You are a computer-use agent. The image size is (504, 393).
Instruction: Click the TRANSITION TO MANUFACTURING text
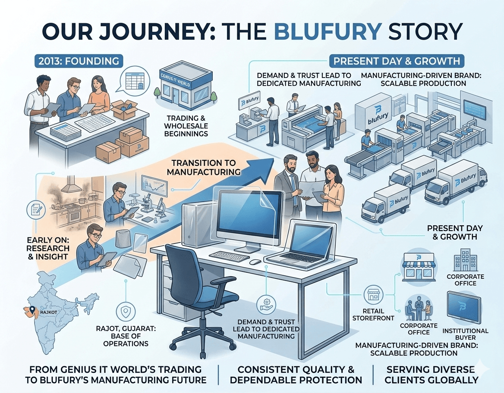(x=203, y=167)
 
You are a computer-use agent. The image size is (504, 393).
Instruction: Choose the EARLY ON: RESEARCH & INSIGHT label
(x=48, y=248)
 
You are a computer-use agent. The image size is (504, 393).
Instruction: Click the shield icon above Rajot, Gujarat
(x=124, y=311)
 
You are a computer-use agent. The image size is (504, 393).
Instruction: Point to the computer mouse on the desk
(x=255, y=262)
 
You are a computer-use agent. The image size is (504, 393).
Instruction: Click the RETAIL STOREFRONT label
(x=368, y=314)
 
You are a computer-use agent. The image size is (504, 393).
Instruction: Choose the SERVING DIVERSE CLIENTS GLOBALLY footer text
(x=431, y=374)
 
